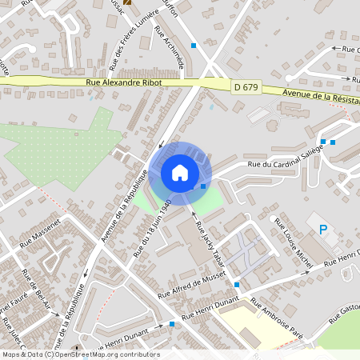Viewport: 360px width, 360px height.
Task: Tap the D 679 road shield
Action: (x=246, y=86)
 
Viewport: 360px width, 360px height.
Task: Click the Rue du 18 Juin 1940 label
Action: (x=153, y=227)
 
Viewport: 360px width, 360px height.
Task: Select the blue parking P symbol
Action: (x=324, y=230)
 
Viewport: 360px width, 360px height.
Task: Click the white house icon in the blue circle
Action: (x=180, y=172)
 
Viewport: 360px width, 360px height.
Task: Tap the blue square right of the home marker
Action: (x=203, y=186)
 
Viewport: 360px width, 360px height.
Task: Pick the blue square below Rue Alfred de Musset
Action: (x=237, y=284)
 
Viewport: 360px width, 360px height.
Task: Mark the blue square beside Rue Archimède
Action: (x=194, y=46)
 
